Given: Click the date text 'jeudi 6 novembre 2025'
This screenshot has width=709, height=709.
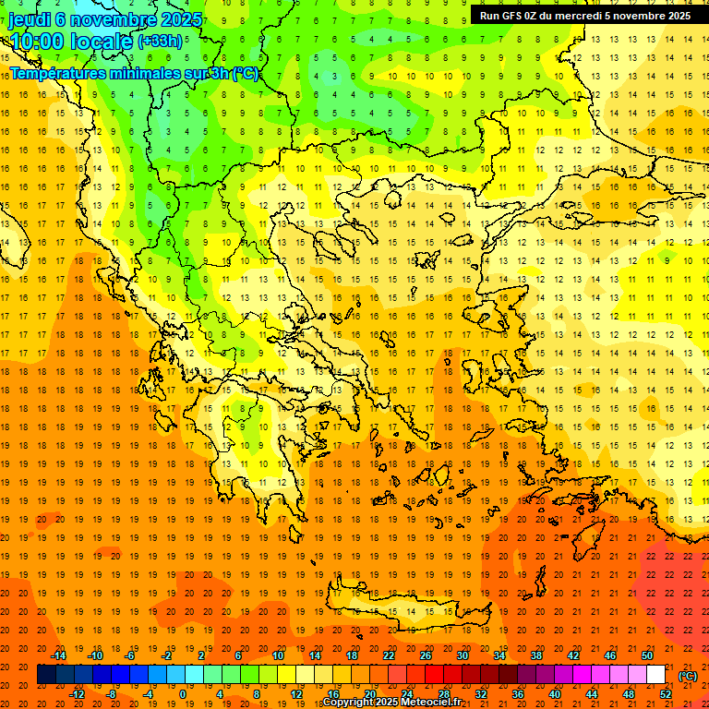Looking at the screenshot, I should click(x=105, y=18).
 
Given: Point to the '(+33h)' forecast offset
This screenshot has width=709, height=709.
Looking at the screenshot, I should click(x=160, y=41).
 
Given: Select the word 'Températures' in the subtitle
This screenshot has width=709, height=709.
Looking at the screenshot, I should click(x=56, y=73).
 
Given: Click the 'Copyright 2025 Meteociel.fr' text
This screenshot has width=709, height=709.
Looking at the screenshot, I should click(x=391, y=703).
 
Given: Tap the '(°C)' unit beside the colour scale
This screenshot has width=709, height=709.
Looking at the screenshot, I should click(x=688, y=676).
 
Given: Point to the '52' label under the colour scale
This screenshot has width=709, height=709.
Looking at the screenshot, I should click(x=666, y=694).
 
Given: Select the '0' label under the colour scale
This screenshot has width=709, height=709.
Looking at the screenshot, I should click(x=183, y=694).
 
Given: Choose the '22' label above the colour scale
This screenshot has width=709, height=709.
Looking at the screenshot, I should click(x=389, y=655).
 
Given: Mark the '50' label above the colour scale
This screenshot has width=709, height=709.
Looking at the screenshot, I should click(x=647, y=655).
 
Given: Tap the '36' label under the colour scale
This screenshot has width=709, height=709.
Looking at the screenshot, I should click(x=518, y=694).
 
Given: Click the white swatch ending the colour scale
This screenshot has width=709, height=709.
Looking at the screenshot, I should click(x=656, y=675).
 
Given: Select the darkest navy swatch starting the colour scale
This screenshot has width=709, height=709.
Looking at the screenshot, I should click(x=46, y=675).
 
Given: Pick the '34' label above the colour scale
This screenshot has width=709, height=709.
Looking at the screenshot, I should click(x=499, y=655).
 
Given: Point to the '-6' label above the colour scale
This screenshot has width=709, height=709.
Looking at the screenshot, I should click(x=130, y=655).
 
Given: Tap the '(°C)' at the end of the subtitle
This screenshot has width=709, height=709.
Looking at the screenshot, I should click(x=246, y=73).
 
